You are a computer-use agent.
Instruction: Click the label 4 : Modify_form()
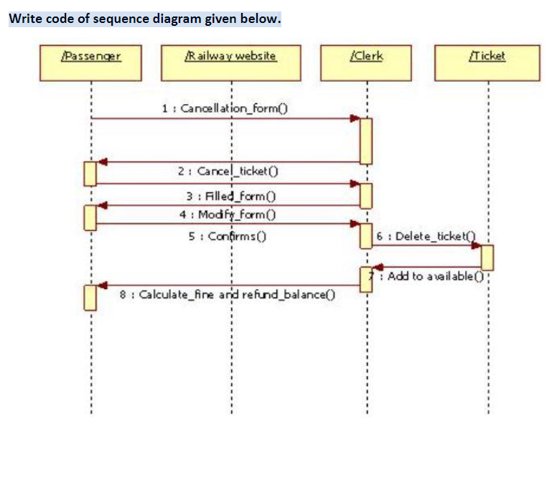coord(229,214)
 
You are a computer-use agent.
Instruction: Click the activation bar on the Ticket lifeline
coord(487,257)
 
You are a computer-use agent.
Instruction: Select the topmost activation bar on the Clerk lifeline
coord(366,141)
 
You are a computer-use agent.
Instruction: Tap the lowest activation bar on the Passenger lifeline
coord(90,297)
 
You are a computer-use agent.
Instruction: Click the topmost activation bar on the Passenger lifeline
coord(90,174)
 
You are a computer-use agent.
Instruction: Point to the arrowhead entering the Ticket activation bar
coord(476,245)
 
